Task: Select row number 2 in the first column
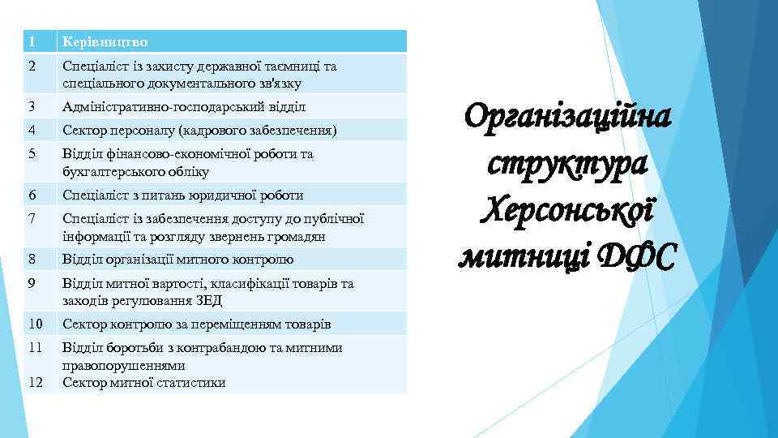(30, 67)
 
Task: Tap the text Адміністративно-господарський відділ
(174, 106)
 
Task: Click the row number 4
(30, 130)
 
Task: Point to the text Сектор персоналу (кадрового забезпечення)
(199, 130)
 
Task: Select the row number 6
(30, 195)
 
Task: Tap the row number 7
(30, 218)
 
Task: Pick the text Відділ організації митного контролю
(177, 260)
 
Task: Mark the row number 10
(34, 324)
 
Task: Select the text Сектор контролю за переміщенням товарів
(197, 324)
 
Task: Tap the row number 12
(34, 382)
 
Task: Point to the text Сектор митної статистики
(144, 383)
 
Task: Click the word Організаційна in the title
(568, 118)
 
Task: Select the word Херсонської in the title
(567, 210)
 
